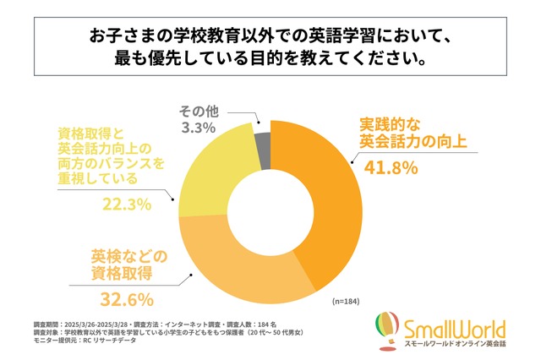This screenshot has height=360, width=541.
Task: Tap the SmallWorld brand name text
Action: coord(454,325)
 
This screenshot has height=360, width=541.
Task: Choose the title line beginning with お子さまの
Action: coord(270,38)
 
